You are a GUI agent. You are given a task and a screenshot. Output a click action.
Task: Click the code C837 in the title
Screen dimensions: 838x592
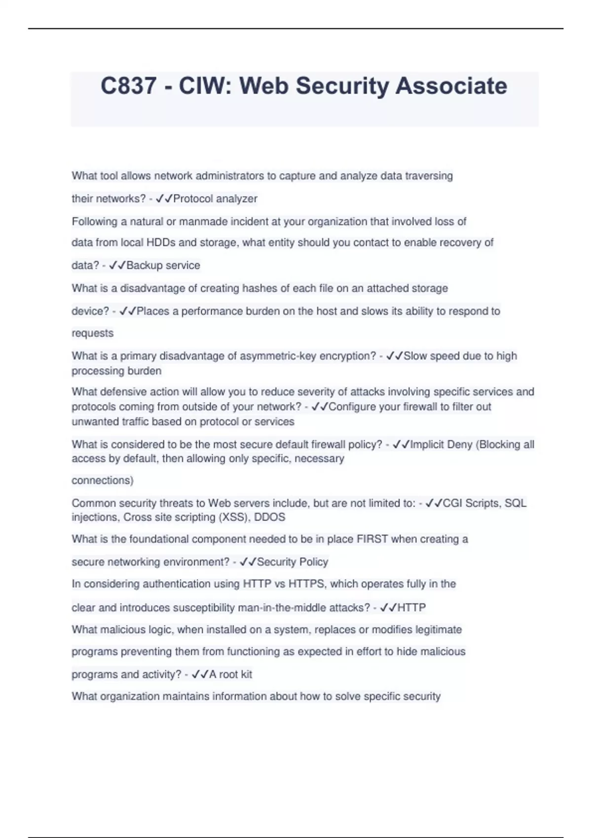[128, 86]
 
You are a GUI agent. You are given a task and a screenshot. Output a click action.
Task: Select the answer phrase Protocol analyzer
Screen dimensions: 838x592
[215, 199]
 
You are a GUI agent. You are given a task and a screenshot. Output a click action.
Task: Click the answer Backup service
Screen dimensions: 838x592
[163, 265]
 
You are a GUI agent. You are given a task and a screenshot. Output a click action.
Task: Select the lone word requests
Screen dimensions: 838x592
[93, 333]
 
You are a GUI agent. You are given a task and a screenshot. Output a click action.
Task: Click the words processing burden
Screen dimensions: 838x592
[116, 371]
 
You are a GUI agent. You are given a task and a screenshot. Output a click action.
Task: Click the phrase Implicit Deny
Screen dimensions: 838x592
[442, 445]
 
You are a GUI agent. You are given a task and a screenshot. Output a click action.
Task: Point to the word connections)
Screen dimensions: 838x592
[103, 480]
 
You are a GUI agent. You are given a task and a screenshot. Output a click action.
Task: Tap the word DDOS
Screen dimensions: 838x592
[269, 517]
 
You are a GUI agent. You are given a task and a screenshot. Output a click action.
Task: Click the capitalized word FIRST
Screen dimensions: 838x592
[372, 539]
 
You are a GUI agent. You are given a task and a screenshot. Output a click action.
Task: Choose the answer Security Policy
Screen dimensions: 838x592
[293, 562]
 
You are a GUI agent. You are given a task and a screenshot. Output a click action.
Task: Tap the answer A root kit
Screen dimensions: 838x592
[230, 674]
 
